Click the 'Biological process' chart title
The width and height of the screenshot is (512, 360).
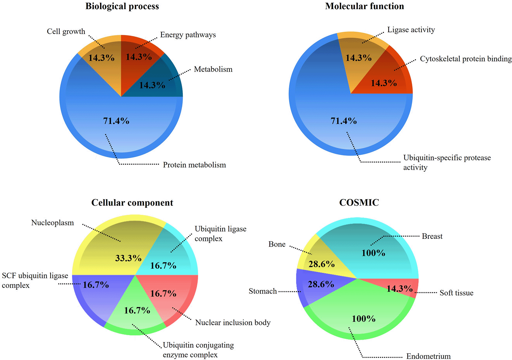(x=122, y=6)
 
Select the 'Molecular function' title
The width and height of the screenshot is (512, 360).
(x=364, y=6)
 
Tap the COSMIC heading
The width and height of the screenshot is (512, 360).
(x=359, y=203)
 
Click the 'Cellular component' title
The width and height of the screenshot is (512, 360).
(x=132, y=203)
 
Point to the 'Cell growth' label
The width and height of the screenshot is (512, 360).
(x=66, y=32)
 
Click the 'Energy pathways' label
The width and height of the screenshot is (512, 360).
(x=188, y=35)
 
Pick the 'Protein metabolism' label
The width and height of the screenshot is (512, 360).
(x=194, y=165)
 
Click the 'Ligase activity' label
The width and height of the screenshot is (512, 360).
(x=411, y=30)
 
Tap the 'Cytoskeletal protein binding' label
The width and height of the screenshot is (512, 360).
(x=466, y=59)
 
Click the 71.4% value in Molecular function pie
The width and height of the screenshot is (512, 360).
(x=343, y=121)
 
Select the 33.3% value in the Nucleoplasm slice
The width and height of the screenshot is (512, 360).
(x=128, y=258)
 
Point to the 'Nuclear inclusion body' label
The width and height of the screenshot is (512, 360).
(x=233, y=323)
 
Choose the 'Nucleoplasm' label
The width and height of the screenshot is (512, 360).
(x=52, y=223)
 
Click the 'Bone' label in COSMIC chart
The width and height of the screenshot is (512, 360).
(x=277, y=244)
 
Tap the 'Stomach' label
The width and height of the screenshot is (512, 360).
(x=263, y=291)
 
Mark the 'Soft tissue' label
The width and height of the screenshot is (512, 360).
(x=456, y=293)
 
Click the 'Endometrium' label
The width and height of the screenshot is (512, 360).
(x=428, y=356)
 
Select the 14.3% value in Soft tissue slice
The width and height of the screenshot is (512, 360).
(x=399, y=289)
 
